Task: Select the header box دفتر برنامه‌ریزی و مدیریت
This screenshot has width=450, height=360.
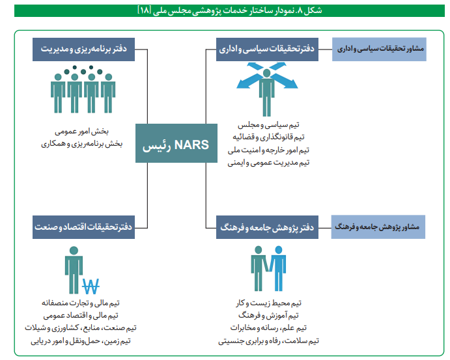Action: coord(83,49)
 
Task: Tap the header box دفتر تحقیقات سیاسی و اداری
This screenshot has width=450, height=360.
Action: coord(267,49)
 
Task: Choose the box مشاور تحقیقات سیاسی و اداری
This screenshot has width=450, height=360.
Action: coord(378,49)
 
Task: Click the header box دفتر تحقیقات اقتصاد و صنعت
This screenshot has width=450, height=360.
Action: coord(83,227)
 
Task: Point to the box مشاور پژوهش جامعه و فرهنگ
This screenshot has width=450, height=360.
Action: coord(378,227)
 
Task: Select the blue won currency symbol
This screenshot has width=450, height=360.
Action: coord(91,284)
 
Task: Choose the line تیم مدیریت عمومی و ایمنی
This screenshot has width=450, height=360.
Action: coord(268,162)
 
